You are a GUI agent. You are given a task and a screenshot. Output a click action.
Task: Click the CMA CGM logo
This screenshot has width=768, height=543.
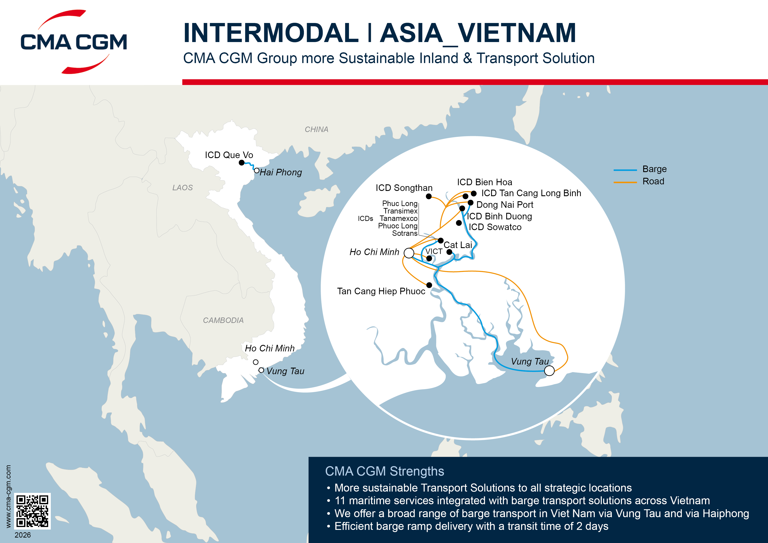pyautogui.click(x=74, y=42)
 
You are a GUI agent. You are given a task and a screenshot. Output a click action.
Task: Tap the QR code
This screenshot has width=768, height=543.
pyautogui.click(x=32, y=511)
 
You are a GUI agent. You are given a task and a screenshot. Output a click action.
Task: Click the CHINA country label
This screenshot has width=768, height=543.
pyautogui.click(x=316, y=129)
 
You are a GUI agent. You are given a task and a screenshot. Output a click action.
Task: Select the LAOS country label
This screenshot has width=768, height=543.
pyautogui.click(x=182, y=188)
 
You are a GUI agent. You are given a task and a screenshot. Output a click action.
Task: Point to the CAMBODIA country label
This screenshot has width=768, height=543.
pyautogui.click(x=223, y=320)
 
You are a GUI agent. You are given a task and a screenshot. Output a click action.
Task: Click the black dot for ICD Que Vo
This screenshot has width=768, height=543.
pyautogui.click(x=241, y=163)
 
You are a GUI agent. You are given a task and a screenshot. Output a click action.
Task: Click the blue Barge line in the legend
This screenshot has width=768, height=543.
pyautogui.click(x=625, y=170)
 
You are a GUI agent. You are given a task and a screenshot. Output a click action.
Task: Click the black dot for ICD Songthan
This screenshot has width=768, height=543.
pyautogui.click(x=428, y=196)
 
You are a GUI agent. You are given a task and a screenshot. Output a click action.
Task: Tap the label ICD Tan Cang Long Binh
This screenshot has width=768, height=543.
pyautogui.click(x=531, y=193)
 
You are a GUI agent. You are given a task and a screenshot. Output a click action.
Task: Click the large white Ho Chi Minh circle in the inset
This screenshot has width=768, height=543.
pyautogui.click(x=409, y=253)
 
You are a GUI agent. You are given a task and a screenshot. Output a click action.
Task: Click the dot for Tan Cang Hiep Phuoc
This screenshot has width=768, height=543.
pyautogui.click(x=429, y=285)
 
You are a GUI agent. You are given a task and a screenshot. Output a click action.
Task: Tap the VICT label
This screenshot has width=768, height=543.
pyautogui.click(x=434, y=251)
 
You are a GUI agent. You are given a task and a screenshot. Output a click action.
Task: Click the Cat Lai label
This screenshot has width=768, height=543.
pyautogui.click(x=457, y=245)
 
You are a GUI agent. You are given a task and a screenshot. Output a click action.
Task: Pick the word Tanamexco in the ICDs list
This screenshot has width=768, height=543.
pyautogui.click(x=398, y=219)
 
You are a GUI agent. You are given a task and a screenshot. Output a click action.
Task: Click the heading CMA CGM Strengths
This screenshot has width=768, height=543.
pyautogui.click(x=384, y=471)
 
